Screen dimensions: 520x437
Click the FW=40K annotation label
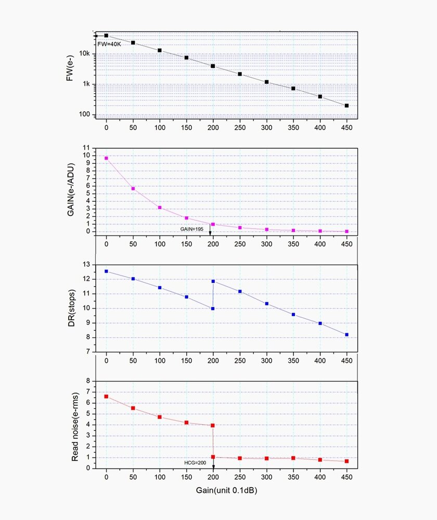click(109, 44)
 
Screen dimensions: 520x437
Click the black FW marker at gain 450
click(346, 106)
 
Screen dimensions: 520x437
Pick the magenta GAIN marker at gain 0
click(107, 158)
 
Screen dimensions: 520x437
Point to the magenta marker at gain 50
click(133, 188)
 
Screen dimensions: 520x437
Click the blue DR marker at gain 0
click(107, 271)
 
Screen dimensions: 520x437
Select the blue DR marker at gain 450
click(346, 335)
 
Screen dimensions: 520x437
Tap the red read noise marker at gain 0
click(107, 396)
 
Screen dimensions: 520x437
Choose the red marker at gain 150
click(186, 422)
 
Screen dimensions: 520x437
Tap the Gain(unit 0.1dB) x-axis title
click(226, 490)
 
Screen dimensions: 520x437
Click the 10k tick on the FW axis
click(85, 54)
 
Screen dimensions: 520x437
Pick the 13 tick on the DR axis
click(87, 265)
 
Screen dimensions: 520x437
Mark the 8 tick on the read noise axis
click(88, 381)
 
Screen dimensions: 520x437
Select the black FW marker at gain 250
click(240, 74)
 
